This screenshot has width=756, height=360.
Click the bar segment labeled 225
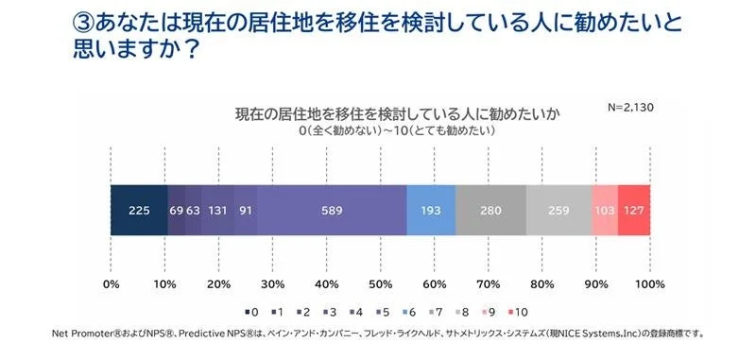click(x=139, y=210)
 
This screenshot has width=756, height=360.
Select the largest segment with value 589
click(x=331, y=210)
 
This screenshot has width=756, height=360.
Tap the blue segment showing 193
click(x=431, y=210)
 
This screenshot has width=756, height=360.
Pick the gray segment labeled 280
click(x=490, y=210)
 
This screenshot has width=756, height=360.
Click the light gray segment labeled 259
click(x=558, y=210)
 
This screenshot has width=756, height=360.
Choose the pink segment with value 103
click(x=605, y=210)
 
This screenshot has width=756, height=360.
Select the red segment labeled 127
click(x=634, y=210)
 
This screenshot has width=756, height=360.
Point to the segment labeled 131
click(x=217, y=210)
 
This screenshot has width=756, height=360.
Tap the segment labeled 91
click(x=245, y=210)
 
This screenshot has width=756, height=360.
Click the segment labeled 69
click(x=177, y=210)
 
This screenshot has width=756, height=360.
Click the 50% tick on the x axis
click(x=381, y=284)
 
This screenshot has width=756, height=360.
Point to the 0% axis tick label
click(x=112, y=284)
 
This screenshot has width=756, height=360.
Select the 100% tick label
click(x=649, y=284)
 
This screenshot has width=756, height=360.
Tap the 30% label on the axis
click(x=273, y=284)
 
